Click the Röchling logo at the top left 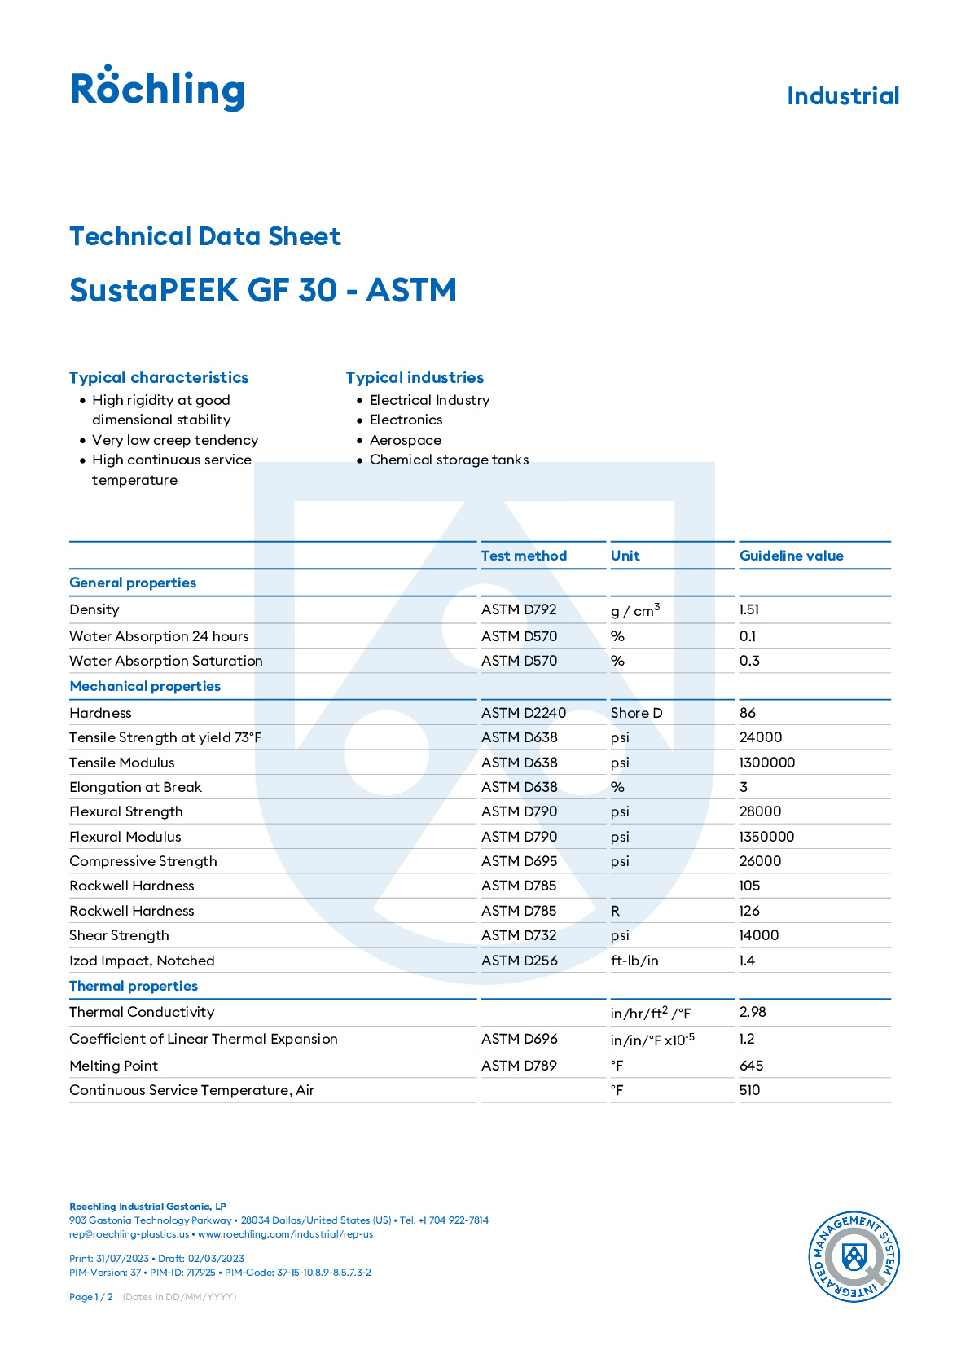click(x=157, y=88)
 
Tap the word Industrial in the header click(x=843, y=96)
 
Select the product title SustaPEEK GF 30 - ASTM click(x=263, y=290)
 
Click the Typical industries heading click(x=415, y=377)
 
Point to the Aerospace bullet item click(x=405, y=440)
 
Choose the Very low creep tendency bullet click(x=175, y=440)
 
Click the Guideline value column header click(x=791, y=556)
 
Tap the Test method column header click(x=524, y=556)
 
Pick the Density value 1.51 click(x=749, y=609)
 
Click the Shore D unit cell click(x=636, y=713)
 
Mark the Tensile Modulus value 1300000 click(x=766, y=763)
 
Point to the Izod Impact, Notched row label click(x=142, y=961)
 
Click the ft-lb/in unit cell click(x=634, y=961)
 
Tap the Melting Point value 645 click(x=751, y=1066)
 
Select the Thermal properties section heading click(x=134, y=986)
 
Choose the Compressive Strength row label click(x=143, y=861)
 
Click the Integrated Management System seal click(x=853, y=1256)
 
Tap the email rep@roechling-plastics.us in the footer click(x=129, y=1234)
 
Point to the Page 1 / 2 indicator click(x=91, y=1297)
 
